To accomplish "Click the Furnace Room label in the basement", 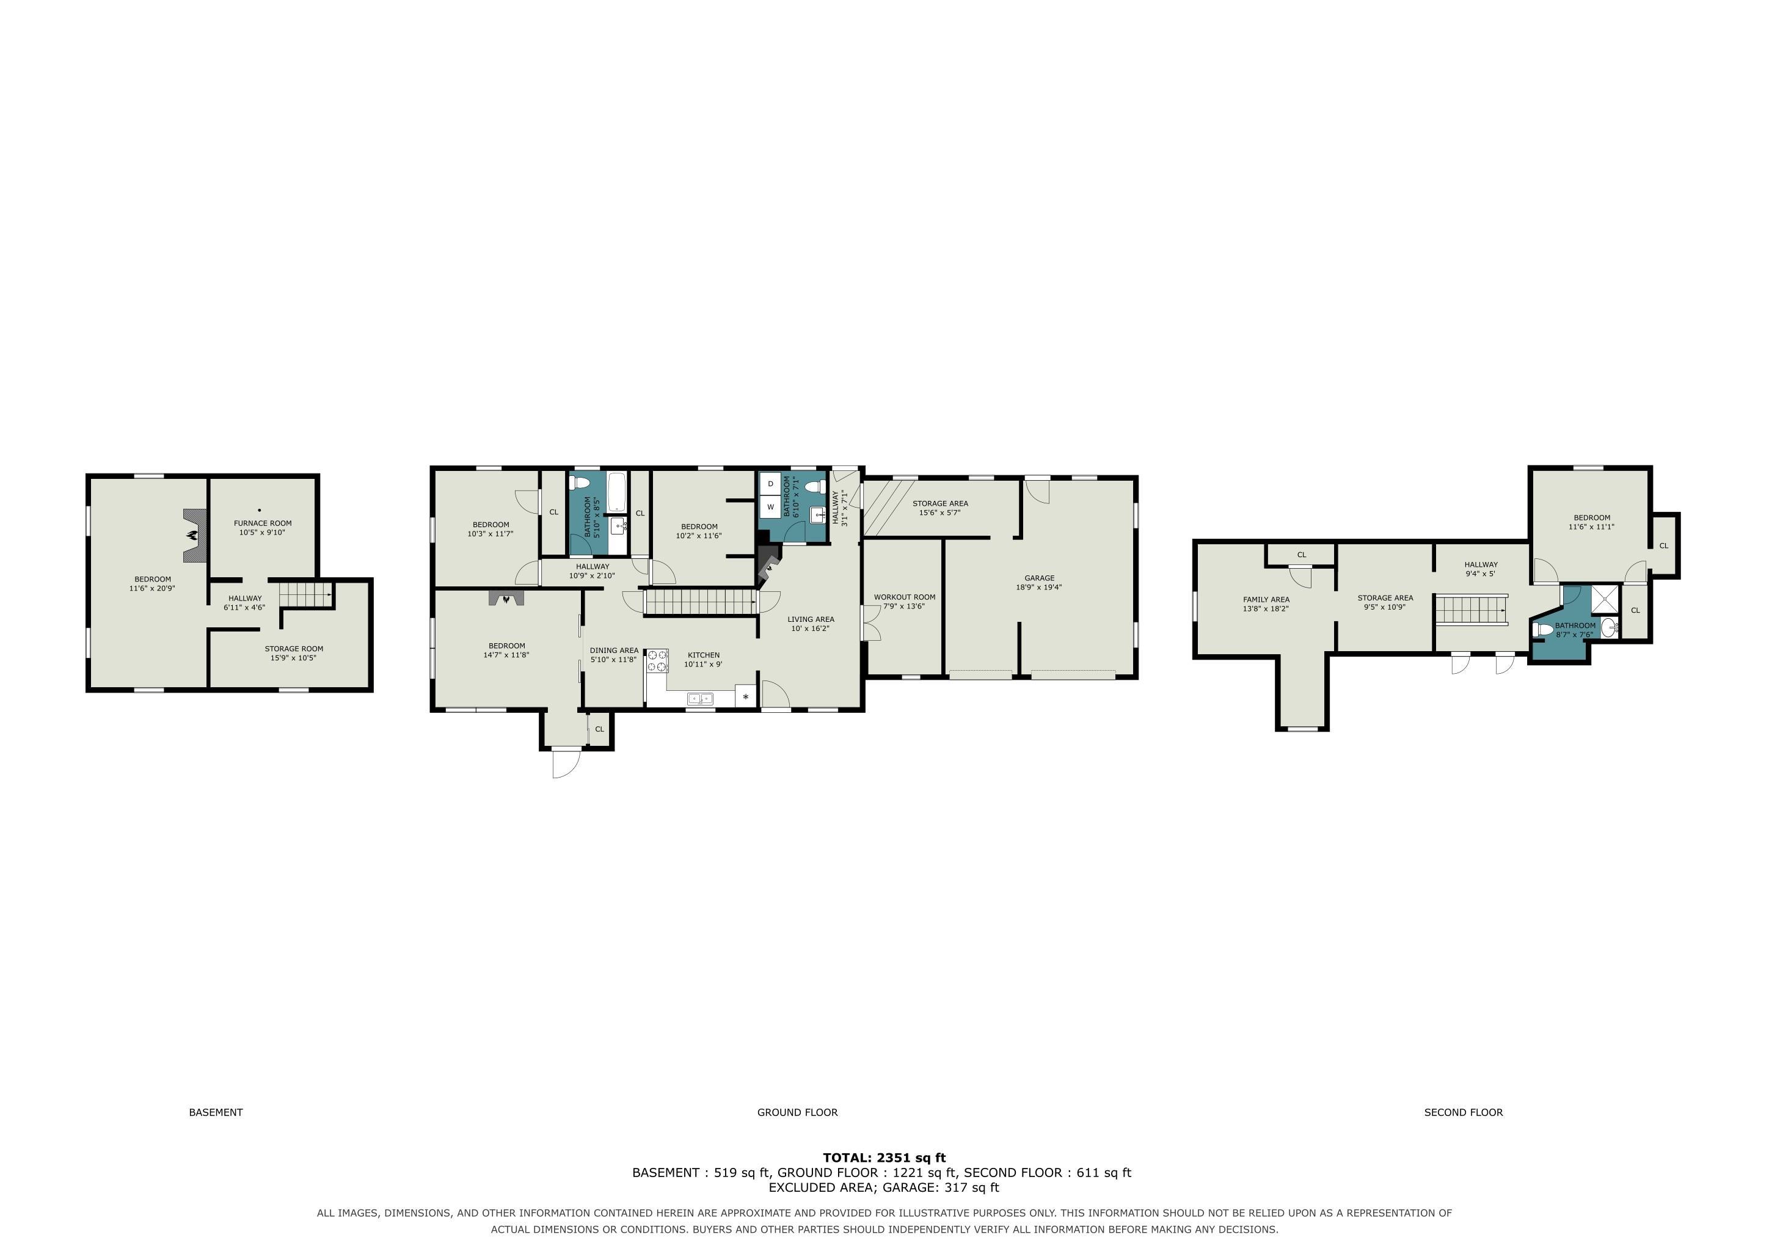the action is coord(263,528).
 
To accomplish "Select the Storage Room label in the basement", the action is coord(294,653).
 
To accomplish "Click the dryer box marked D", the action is coord(770,484).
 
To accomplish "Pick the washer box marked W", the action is coord(770,507).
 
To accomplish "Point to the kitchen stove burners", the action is coord(658,661).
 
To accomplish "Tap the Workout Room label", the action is coord(905,602).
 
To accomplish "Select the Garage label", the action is coord(1040,582).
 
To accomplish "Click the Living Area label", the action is coord(811,624).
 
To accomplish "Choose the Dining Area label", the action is coord(614,655).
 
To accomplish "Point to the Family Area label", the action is coord(1266,604).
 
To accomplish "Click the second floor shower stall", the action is coord(1607,600).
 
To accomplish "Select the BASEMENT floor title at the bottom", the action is coord(216,1112).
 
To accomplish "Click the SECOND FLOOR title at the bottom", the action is coord(1463,1112).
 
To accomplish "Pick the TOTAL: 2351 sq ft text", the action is coord(884,1157).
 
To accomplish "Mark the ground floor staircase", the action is coord(699,602).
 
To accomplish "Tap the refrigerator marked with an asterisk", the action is coord(746,696).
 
